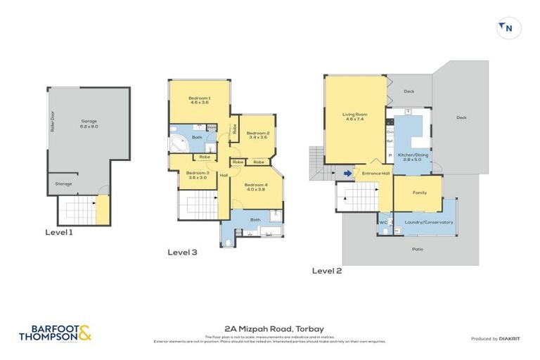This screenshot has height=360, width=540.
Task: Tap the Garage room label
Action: click(x=89, y=124)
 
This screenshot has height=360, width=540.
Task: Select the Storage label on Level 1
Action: click(x=63, y=184)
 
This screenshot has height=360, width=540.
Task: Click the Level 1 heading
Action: click(x=59, y=232)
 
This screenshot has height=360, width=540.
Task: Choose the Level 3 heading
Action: click(x=182, y=252)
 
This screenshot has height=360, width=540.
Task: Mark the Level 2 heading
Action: click(x=327, y=270)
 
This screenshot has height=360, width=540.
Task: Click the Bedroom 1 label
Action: click(x=199, y=100)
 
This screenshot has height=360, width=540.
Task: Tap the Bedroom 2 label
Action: click(x=258, y=135)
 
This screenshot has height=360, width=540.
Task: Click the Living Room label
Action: click(x=355, y=116)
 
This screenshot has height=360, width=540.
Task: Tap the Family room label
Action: click(x=419, y=192)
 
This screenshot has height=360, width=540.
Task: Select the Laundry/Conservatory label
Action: click(x=429, y=222)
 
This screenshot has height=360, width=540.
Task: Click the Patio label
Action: click(x=418, y=248)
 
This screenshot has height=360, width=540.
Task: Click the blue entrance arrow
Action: click(x=347, y=173)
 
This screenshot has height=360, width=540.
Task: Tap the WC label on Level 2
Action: click(x=385, y=222)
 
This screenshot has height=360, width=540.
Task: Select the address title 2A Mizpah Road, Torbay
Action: click(x=269, y=328)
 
